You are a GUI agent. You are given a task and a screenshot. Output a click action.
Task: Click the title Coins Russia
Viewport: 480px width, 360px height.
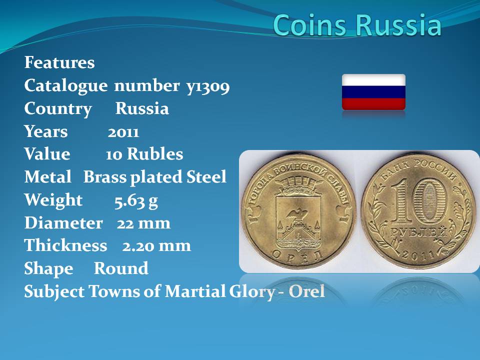tap(357, 24)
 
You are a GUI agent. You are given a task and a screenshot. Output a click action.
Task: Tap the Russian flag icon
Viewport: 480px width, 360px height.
tap(373, 92)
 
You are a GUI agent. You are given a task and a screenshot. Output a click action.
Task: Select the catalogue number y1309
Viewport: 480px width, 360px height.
tap(208, 86)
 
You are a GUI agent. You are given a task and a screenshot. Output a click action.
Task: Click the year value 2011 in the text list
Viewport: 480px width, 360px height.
tap(123, 132)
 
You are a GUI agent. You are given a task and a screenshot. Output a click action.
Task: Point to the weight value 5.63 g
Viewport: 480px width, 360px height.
tap(136, 201)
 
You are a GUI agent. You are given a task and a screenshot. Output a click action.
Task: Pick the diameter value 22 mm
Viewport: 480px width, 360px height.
tap(143, 223)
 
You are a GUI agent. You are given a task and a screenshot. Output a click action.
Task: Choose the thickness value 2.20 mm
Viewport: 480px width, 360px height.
tap(156, 246)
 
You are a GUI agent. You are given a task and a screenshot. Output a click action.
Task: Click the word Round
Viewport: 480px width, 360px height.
tap(121, 268)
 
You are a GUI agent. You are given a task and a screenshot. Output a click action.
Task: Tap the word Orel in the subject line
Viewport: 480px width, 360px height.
tap(306, 291)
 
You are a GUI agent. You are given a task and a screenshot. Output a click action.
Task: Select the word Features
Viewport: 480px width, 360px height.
tap(59, 62)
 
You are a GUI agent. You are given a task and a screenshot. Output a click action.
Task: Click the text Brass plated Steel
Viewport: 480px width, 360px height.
tap(155, 177)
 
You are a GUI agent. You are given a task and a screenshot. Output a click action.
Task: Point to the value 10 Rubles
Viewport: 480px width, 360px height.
tap(144, 154)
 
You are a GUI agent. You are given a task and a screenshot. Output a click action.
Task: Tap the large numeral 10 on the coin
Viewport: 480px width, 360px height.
tap(419, 201)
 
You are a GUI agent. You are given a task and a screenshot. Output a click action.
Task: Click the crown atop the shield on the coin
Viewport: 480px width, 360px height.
tap(298, 184)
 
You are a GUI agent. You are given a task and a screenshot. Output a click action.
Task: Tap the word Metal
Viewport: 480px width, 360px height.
tap(48, 177)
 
